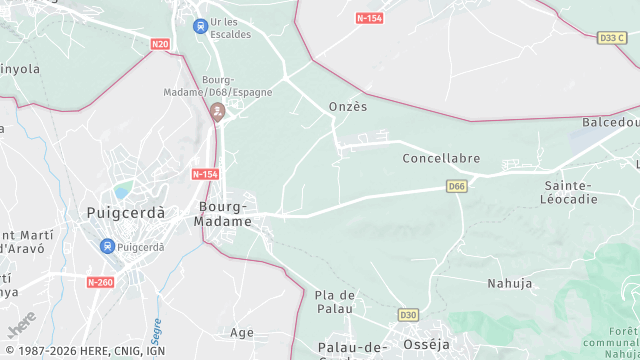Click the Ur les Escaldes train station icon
click(201, 26)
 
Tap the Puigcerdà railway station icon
click(107, 246)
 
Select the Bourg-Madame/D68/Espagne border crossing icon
click(218, 110)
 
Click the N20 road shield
click(160, 44)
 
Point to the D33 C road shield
click(610, 37)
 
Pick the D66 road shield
click(457, 186)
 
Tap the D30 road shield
click(408, 314)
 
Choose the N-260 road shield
click(100, 282)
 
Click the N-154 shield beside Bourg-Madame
click(204, 174)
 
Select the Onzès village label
click(348, 107)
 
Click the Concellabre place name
click(441, 158)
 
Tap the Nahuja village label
click(509, 283)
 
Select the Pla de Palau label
click(335, 301)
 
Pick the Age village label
click(242, 332)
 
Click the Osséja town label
click(427, 344)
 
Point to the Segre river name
click(157, 327)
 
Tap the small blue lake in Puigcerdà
click(123, 190)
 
